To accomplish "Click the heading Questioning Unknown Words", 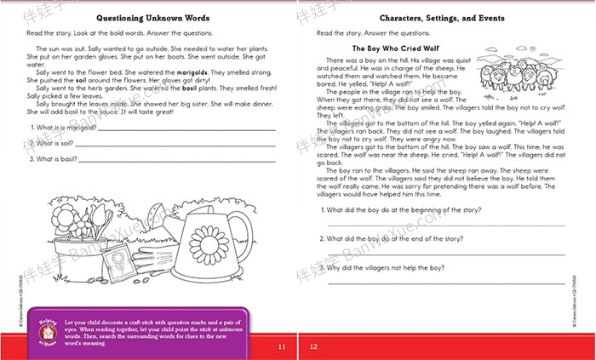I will pyautogui.click(x=150, y=18).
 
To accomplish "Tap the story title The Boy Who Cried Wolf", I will pyautogui.click(x=393, y=49).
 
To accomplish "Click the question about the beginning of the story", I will pyautogui.click(x=400, y=209).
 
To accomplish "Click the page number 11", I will pyautogui.click(x=282, y=346).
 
